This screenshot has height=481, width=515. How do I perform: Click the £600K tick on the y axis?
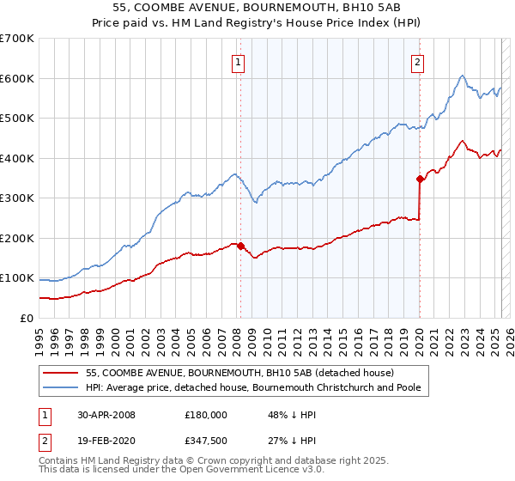[17, 78]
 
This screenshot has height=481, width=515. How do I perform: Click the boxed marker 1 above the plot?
[237, 61]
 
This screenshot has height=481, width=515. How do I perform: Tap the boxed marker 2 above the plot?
[417, 61]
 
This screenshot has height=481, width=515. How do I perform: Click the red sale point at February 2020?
[420, 180]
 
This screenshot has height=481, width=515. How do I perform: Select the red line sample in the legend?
[62, 373]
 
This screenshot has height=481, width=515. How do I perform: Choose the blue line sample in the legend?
[62, 387]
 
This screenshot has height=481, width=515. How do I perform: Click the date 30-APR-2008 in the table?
[106, 415]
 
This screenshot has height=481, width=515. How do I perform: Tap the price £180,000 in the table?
[206, 415]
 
